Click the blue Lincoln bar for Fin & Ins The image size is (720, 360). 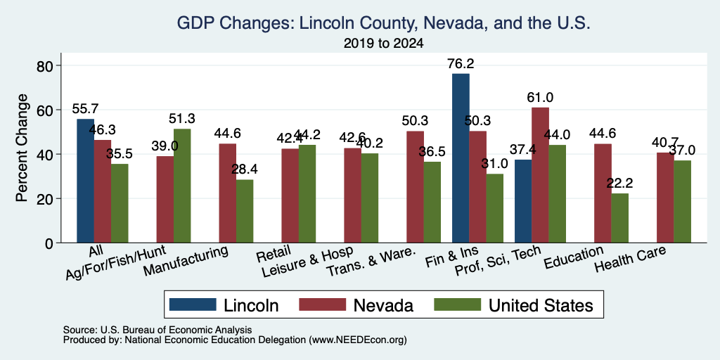pyautogui.click(x=461, y=158)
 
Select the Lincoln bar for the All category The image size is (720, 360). pyautogui.click(x=85, y=181)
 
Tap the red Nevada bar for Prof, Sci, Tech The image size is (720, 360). pyautogui.click(x=541, y=175)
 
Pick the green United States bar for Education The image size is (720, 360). pyautogui.click(x=620, y=218)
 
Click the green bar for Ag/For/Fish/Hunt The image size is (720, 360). pyautogui.click(x=182, y=186)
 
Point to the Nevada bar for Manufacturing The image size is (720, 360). pyautogui.click(x=228, y=193)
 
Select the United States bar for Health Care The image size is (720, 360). pyautogui.click(x=682, y=202)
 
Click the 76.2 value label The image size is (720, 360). pyautogui.click(x=461, y=63)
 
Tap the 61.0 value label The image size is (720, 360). pyautogui.click(x=540, y=97)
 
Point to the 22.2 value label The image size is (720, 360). pyautogui.click(x=620, y=184)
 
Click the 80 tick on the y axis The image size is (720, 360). pyautogui.click(x=45, y=65)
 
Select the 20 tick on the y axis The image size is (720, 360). pyautogui.click(x=45, y=199)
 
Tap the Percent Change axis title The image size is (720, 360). pyautogui.click(x=22, y=148)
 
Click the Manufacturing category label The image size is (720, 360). pyautogui.click(x=186, y=262)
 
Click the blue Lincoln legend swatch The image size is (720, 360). pyautogui.click(x=193, y=304)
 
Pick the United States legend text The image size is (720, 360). pyautogui.click(x=541, y=305)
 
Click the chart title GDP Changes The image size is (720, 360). pyautogui.click(x=383, y=23)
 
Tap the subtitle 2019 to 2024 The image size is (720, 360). pyautogui.click(x=383, y=44)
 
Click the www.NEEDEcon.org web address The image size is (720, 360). pyautogui.click(x=359, y=340)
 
